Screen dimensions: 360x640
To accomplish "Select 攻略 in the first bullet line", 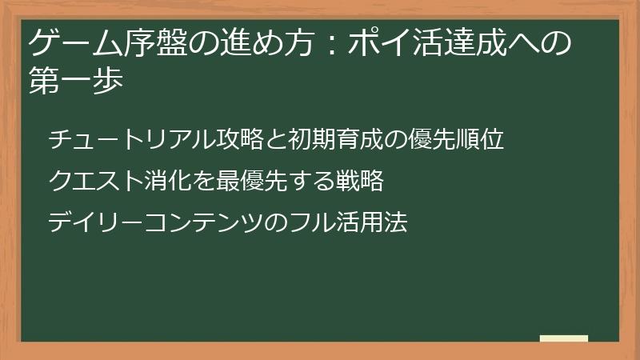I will coord(231,140).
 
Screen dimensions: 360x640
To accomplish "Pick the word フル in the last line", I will coord(311,222).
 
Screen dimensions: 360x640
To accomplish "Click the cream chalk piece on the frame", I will coord(564,339).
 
